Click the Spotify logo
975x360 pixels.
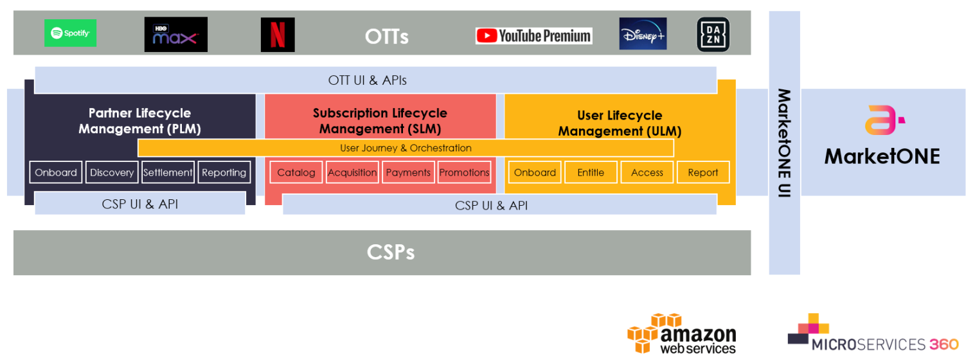point(70,33)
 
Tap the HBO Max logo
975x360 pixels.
point(176,34)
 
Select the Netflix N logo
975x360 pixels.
point(278,34)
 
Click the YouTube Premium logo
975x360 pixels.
point(533,36)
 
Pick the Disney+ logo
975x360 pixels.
point(643,33)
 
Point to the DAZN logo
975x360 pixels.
point(713,34)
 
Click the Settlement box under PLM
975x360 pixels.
point(168,172)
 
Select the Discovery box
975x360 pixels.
point(112,172)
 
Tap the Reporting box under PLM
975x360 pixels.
point(224,172)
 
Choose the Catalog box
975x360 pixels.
point(296,172)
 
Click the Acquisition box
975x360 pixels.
point(352,172)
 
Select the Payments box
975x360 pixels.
point(408,172)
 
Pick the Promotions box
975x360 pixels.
point(465,172)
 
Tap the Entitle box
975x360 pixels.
point(591,172)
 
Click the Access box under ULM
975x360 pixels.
point(647,172)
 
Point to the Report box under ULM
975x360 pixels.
point(703,172)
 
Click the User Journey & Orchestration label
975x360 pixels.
point(406,148)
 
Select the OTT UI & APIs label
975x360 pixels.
point(368,80)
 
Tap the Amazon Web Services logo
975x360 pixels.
point(682,334)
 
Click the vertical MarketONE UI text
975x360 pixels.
point(784,143)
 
